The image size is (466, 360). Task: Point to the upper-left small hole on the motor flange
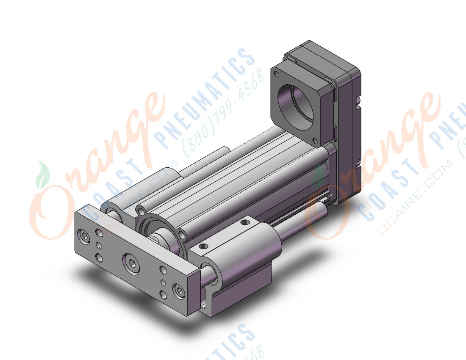tap(277, 74)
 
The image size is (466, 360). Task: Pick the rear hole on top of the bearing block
tap(245, 222)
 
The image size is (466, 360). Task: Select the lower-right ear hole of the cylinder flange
tap(182, 234)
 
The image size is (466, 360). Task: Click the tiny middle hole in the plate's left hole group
tap(99, 245)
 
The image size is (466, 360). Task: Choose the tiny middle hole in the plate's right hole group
tap(163, 282)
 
